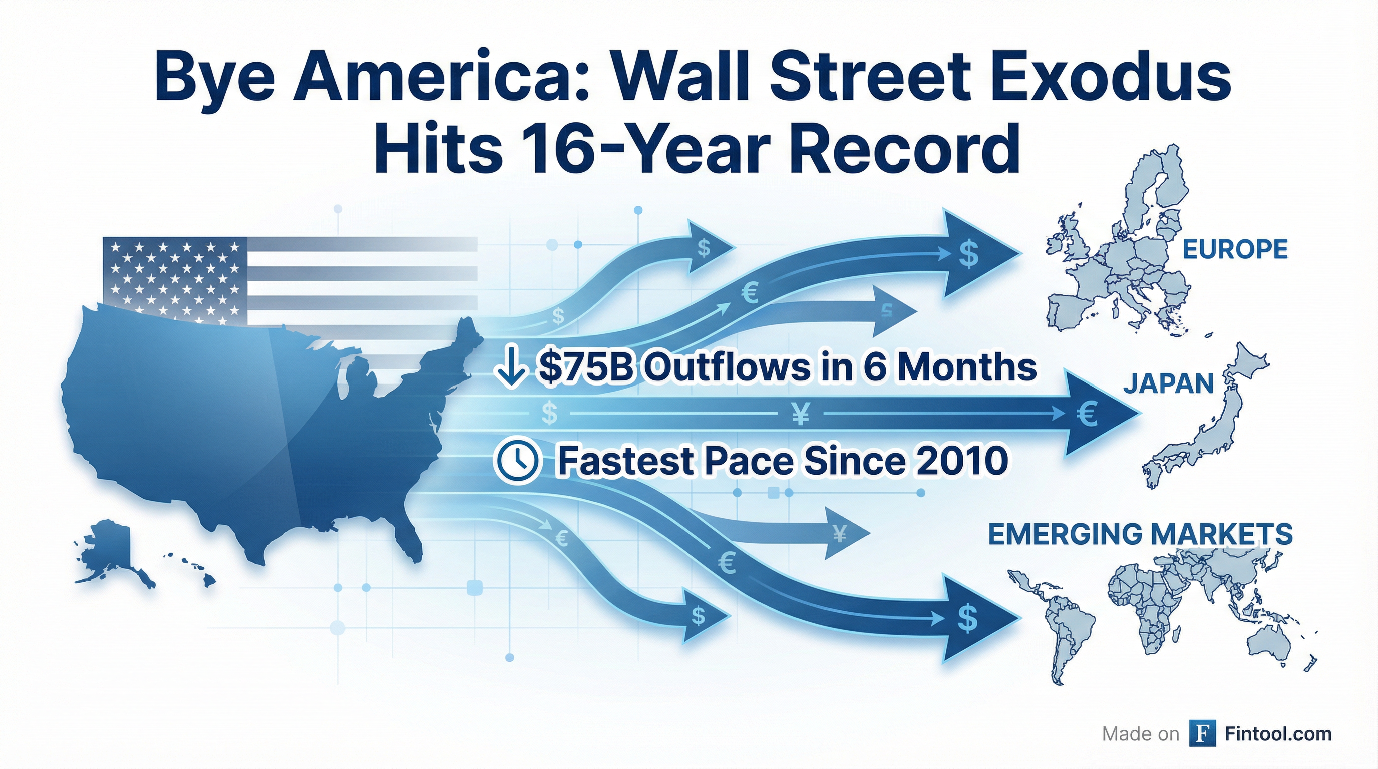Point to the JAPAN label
1168,383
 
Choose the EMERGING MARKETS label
1140,534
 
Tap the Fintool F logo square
1202,734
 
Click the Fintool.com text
1278,734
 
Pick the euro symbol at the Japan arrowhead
1087,414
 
